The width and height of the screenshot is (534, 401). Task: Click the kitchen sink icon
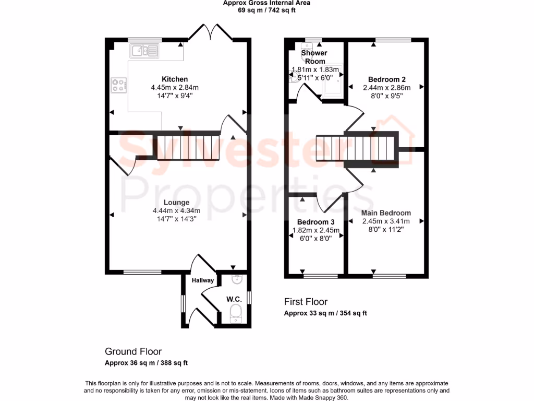[x=145, y=51]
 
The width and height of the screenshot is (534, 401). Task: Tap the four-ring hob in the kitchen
[x=119, y=85]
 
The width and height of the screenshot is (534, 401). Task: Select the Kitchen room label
[x=174, y=79]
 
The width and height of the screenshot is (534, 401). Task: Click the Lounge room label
[x=176, y=203]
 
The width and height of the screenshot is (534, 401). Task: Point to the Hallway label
[x=203, y=280]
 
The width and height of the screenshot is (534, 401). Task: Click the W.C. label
[x=234, y=299]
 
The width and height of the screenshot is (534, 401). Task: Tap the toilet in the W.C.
[x=236, y=314]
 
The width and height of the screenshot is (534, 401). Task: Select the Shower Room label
[x=314, y=57]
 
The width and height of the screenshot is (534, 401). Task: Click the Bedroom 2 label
[x=386, y=79]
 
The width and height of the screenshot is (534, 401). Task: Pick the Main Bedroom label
[x=386, y=213]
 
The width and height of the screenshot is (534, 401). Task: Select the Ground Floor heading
[x=133, y=351]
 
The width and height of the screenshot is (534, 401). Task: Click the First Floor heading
[x=306, y=302]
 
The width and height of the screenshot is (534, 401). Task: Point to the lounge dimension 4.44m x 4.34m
[x=176, y=210]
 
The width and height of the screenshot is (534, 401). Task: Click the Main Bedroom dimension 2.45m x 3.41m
[x=386, y=221]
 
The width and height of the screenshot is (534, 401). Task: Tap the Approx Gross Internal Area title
[x=266, y=3]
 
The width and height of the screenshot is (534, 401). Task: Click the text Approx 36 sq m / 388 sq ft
[x=146, y=363]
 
